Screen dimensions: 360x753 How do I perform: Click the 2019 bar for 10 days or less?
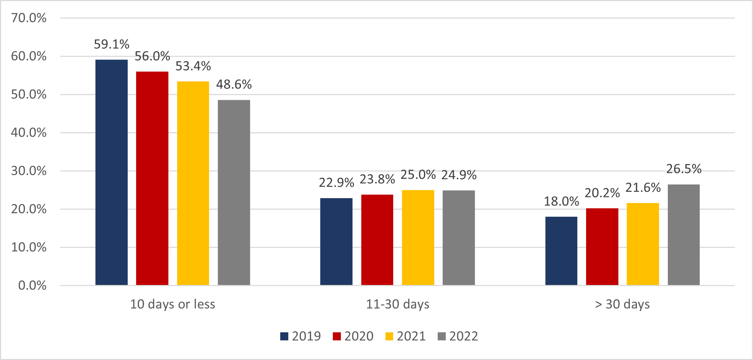tap(112, 172)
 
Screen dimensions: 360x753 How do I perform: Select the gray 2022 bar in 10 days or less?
tap(234, 192)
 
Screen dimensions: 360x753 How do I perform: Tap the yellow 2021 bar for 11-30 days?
tap(418, 237)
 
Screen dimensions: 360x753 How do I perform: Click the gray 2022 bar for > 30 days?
tap(684, 235)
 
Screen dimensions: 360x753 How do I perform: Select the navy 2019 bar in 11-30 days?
tap(336, 242)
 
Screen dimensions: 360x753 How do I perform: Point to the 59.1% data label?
tap(112, 45)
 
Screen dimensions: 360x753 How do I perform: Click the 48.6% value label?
tap(234, 84)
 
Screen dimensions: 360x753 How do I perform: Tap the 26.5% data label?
tap(684, 169)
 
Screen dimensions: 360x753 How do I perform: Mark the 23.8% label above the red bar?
tap(377, 179)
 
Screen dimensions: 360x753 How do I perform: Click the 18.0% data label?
tap(561, 202)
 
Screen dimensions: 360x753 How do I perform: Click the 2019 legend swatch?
tap(284, 336)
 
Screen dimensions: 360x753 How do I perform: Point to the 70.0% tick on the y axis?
tap(29, 18)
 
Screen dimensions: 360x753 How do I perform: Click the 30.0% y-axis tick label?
tap(29, 171)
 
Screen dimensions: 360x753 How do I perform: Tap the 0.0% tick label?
tap(32, 286)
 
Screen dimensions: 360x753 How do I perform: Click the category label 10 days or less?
tap(173, 304)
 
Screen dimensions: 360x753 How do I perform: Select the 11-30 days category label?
tap(397, 304)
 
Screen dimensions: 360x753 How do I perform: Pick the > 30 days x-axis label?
tap(622, 304)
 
